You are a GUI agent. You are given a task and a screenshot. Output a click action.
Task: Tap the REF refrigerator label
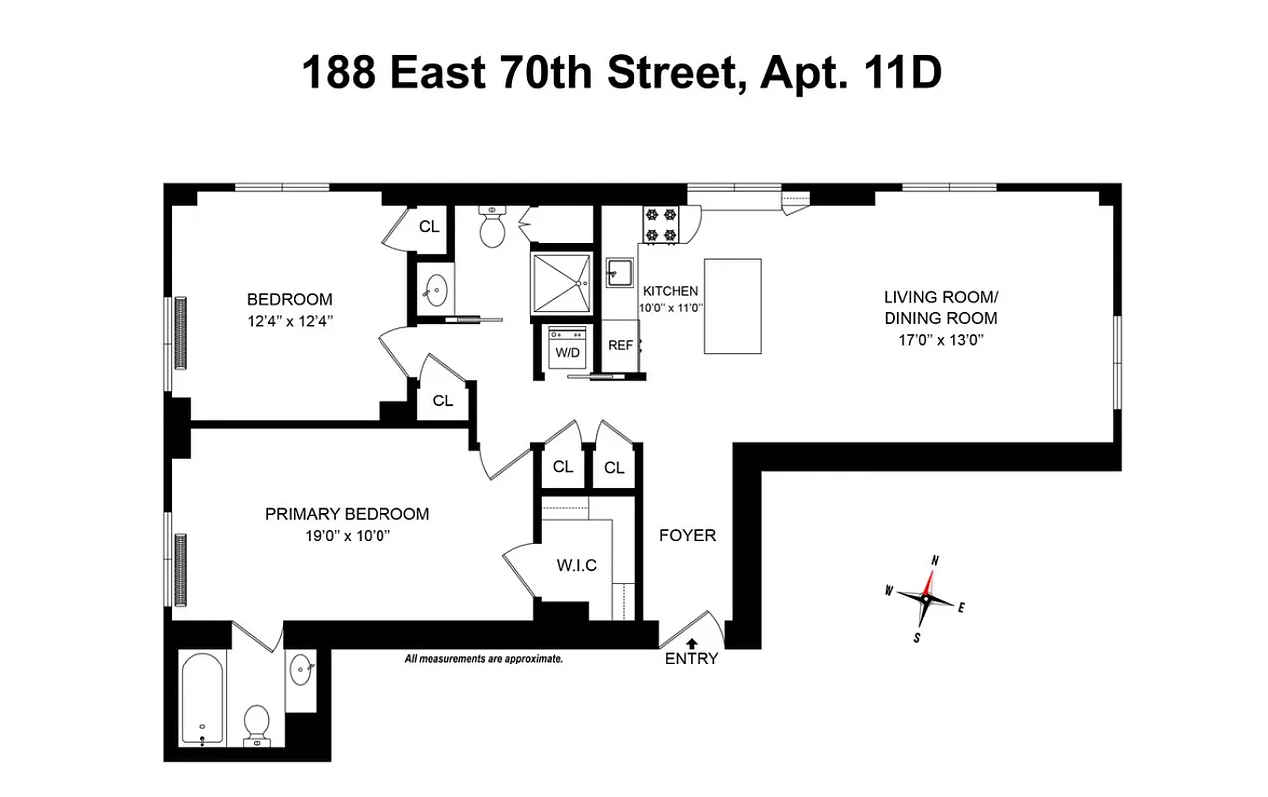point(621,345)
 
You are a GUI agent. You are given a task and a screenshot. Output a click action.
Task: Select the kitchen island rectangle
point(732,306)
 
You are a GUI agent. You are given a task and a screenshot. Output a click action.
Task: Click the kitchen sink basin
point(619,272)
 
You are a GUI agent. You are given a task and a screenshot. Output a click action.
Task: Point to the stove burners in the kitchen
point(660,224)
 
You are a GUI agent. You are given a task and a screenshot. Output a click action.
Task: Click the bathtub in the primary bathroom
point(203,698)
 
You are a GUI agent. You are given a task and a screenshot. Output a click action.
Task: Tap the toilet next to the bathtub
point(257,723)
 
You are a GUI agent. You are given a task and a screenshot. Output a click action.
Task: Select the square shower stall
point(562,284)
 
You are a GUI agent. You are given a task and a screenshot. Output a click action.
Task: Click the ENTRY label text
point(691,659)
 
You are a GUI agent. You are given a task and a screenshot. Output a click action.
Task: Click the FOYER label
point(687,536)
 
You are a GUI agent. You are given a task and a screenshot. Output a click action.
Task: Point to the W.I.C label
point(576,566)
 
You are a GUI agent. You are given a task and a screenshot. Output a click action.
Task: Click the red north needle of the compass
point(932,580)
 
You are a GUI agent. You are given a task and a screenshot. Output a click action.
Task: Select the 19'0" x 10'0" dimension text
point(347,534)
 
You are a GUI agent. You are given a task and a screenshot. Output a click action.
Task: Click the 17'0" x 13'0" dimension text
point(940,339)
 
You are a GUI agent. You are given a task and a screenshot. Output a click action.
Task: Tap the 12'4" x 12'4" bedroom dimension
point(289,321)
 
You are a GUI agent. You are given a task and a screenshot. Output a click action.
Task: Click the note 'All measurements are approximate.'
point(484,659)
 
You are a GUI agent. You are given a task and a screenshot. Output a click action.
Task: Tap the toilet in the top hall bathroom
point(492,229)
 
